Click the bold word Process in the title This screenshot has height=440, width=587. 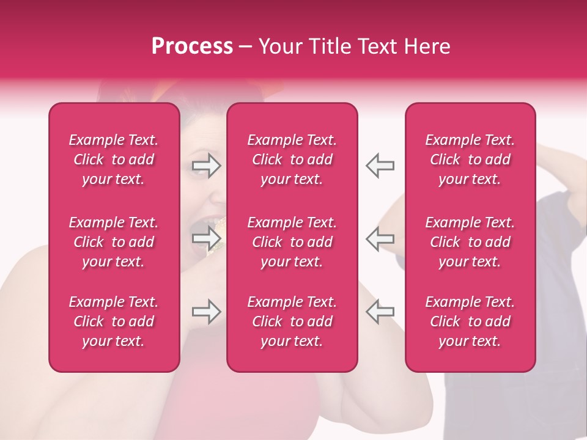(192, 46)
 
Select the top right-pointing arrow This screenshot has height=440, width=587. (207, 166)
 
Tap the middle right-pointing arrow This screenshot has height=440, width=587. (207, 238)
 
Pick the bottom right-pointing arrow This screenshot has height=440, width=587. (207, 312)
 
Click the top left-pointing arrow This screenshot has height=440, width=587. (380, 166)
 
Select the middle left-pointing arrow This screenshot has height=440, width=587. (380, 238)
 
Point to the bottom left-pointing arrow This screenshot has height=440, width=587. (380, 312)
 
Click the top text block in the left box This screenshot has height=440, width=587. (114, 159)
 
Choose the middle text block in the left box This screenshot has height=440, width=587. (114, 242)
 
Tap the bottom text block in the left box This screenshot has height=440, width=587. (114, 321)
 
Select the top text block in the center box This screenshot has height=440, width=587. (292, 159)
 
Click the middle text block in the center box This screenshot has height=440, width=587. (292, 242)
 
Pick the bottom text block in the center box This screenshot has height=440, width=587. (292, 321)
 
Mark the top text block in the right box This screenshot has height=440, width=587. (470, 159)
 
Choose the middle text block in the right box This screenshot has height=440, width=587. (470, 242)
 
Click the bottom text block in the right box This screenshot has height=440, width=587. (470, 321)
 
